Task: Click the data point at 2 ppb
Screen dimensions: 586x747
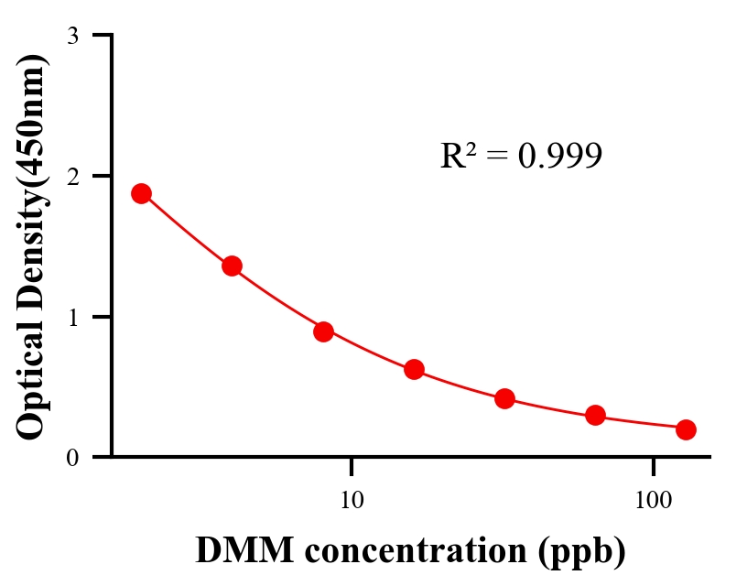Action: (x=141, y=193)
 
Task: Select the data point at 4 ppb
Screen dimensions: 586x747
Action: (x=232, y=266)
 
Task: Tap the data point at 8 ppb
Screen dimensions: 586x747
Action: (x=323, y=331)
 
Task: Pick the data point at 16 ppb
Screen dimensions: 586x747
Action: (x=414, y=370)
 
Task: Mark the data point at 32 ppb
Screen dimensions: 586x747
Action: (x=504, y=398)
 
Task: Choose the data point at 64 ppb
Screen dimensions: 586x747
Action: (x=595, y=416)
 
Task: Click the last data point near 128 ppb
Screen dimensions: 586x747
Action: (x=686, y=429)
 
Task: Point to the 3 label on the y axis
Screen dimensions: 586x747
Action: (x=72, y=36)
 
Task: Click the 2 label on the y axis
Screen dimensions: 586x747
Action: (x=72, y=176)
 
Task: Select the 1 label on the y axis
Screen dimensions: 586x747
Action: (x=72, y=317)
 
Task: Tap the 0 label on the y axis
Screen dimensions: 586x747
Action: (x=72, y=457)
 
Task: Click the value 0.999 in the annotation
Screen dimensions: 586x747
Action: (x=559, y=156)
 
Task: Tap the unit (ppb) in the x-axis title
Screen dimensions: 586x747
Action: (x=581, y=551)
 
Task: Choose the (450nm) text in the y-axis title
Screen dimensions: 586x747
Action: (x=31, y=118)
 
